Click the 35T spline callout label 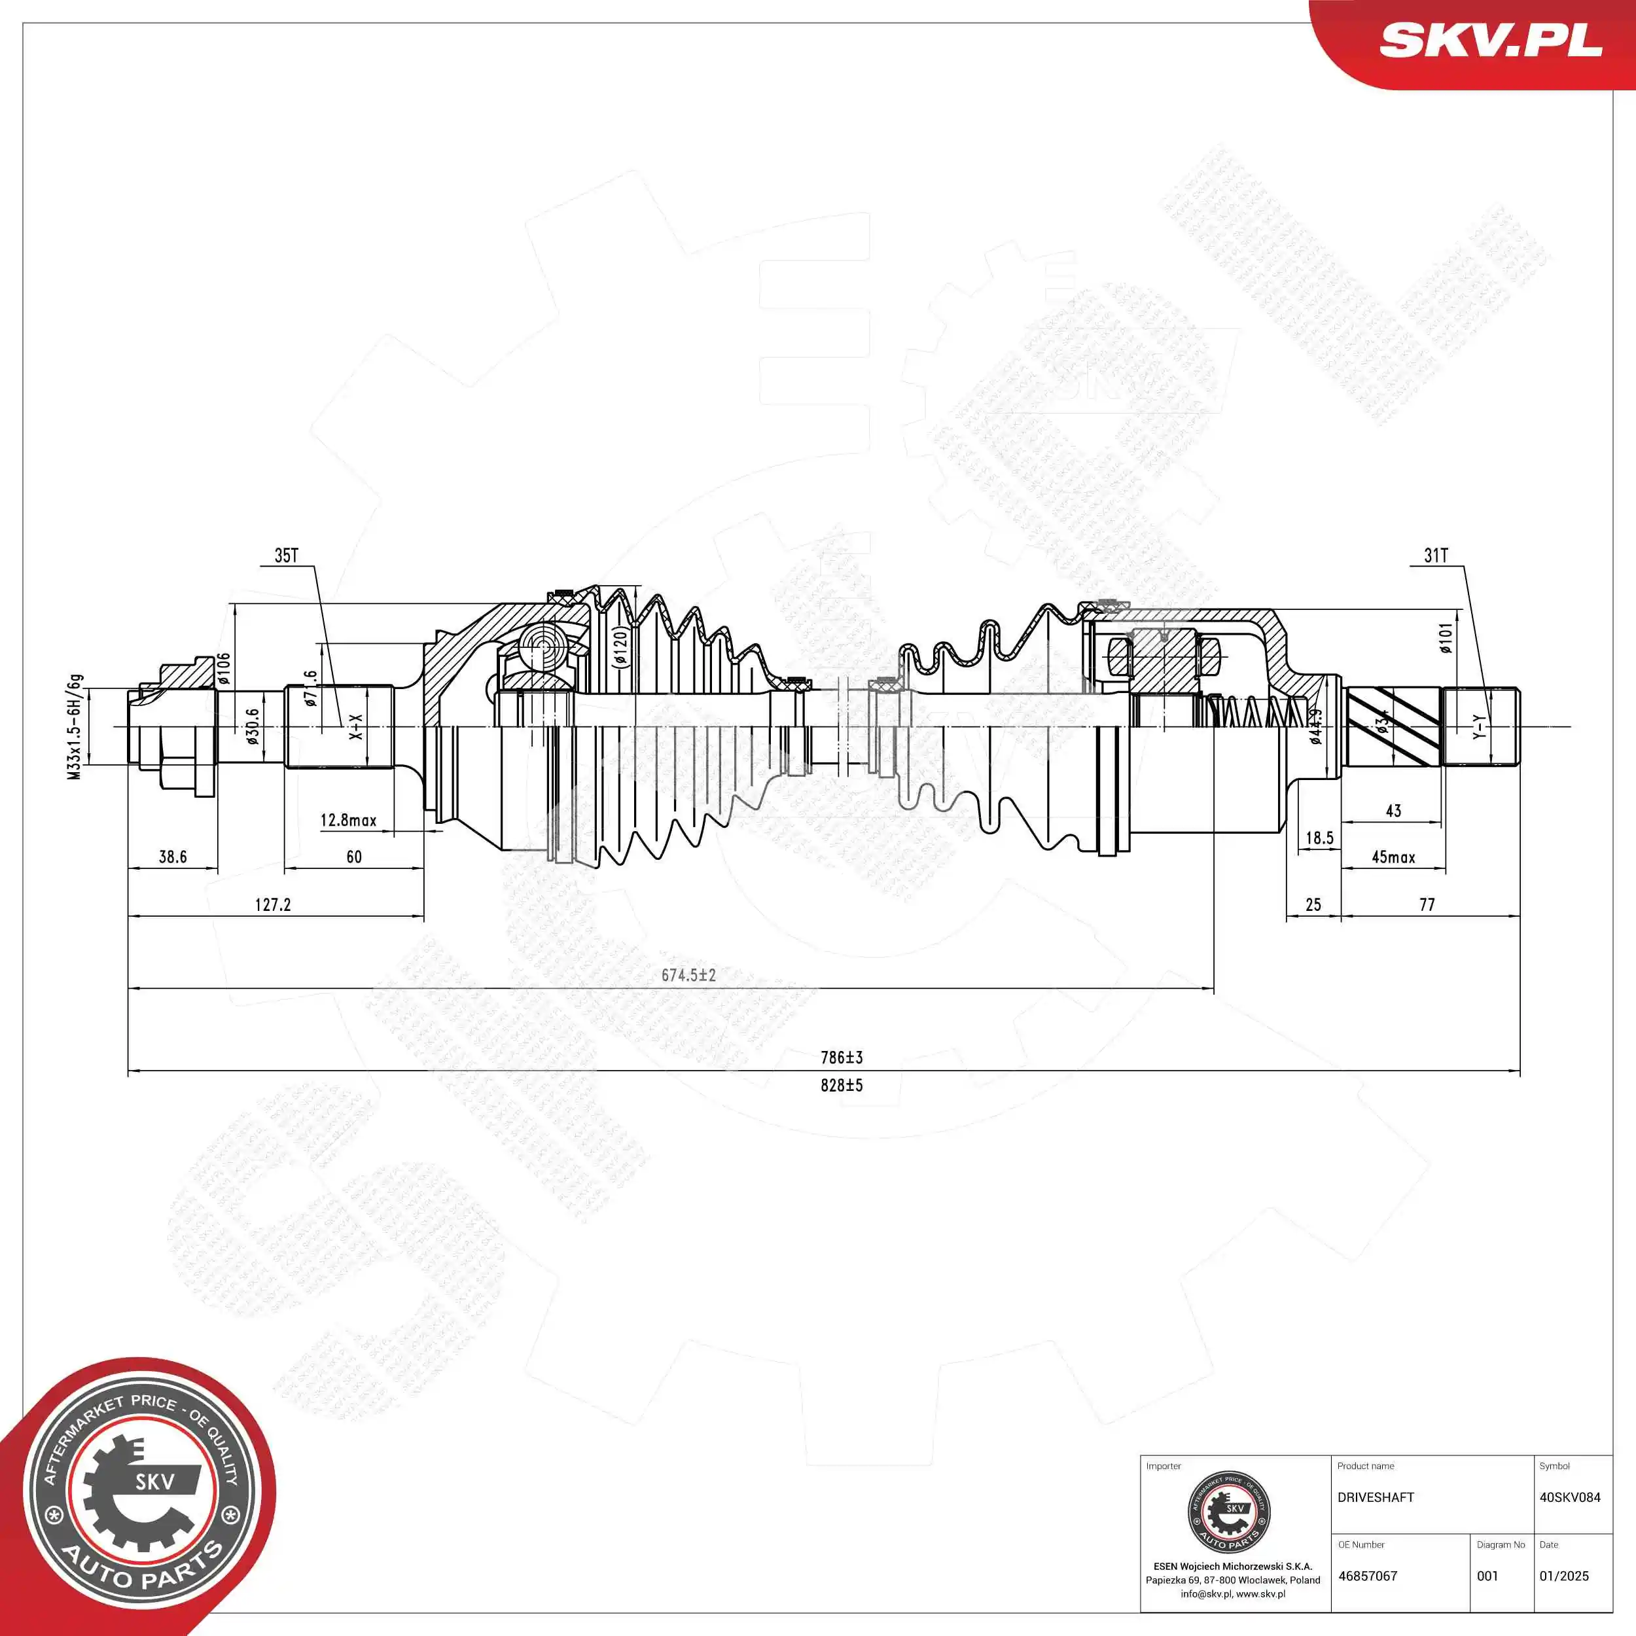pos(286,556)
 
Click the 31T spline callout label pos(1436,556)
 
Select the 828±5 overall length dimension pos(841,1086)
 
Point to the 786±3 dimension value pos(841,1058)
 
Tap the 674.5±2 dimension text pos(688,976)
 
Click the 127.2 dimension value pos(273,904)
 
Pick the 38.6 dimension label pos(173,857)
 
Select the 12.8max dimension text pos(348,820)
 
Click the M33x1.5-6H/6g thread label pos(75,726)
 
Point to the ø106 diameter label pos(224,668)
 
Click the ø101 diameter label pos(1446,639)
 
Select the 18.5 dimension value pos(1319,838)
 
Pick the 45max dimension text pos(1393,857)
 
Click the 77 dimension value pos(1427,904)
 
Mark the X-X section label pos(355,726)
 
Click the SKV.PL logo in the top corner pos(1490,40)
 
